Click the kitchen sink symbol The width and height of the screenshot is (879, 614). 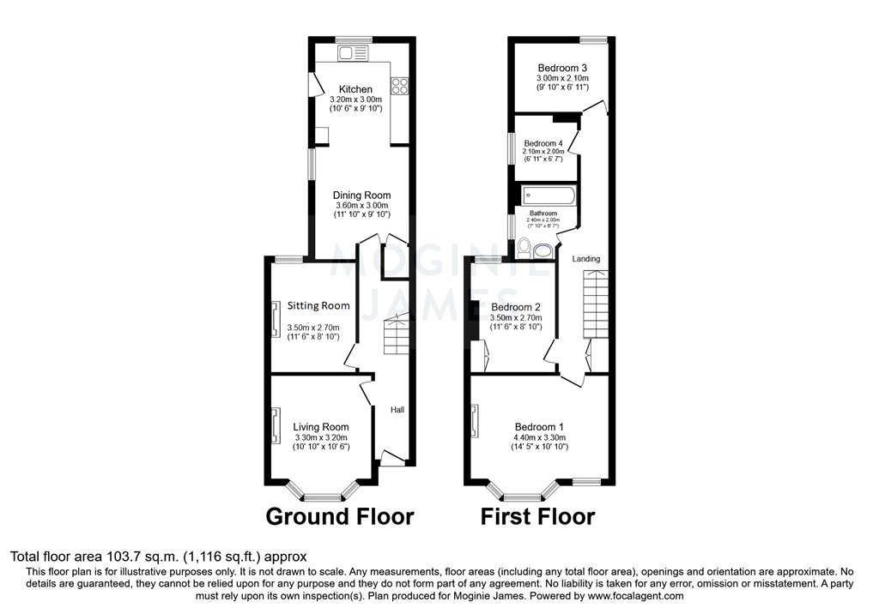tap(352, 54)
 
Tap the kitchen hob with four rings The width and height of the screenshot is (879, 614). tap(399, 85)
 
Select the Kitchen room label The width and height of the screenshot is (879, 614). tap(355, 89)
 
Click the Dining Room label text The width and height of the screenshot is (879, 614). tap(361, 195)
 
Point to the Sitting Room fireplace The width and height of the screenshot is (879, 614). tap(276, 319)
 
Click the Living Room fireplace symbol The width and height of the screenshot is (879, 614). tap(276, 425)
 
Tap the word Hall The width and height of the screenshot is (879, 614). tap(397, 410)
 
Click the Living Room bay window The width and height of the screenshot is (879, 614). tap(323, 494)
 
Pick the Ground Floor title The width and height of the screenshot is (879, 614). tap(339, 517)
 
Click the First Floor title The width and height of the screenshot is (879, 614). tap(537, 517)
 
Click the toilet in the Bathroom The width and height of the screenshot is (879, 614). tap(542, 250)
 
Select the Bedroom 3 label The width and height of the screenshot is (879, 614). tap(562, 68)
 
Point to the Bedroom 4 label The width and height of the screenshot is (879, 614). tap(543, 143)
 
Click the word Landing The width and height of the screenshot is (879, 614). tap(586, 258)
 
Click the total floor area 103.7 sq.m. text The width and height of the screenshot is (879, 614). tap(158, 557)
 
